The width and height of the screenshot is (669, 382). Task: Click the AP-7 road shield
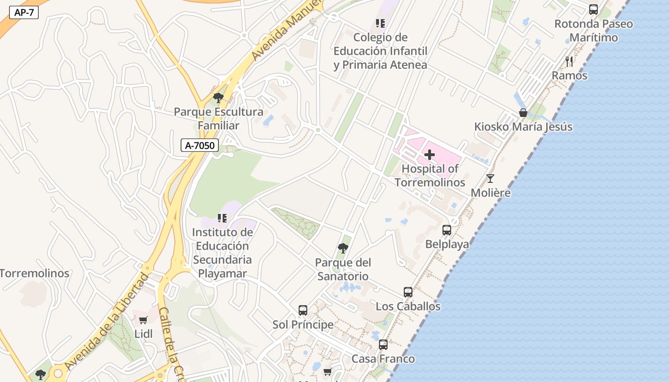coord(24,13)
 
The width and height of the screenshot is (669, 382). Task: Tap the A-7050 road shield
coord(200,145)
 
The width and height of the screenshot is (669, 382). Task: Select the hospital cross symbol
coord(430,155)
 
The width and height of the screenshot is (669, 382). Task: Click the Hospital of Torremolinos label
coord(430,175)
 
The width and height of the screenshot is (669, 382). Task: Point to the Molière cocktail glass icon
coord(490,179)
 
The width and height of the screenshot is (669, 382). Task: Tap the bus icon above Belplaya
coord(447,230)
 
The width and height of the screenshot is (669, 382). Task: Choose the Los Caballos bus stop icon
coord(408,292)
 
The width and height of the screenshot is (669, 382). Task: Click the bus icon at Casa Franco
coord(383,345)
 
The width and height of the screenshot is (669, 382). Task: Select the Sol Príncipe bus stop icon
coord(303,310)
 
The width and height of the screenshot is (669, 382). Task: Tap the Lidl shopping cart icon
coord(143,320)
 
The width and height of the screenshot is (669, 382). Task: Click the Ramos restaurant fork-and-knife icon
coord(569,62)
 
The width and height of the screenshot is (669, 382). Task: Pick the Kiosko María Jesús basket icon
coord(523,113)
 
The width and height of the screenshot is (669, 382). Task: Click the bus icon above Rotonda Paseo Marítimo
coord(593,10)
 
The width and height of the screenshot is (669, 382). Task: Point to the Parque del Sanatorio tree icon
coord(343,248)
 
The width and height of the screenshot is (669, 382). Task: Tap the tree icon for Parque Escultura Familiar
coord(218,98)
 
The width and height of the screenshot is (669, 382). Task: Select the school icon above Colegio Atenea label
coord(380,23)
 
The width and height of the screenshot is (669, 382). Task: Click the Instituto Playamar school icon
coord(222,218)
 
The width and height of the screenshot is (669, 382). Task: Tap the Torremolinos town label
coord(34,274)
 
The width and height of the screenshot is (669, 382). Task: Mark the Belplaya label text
coord(447,244)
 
